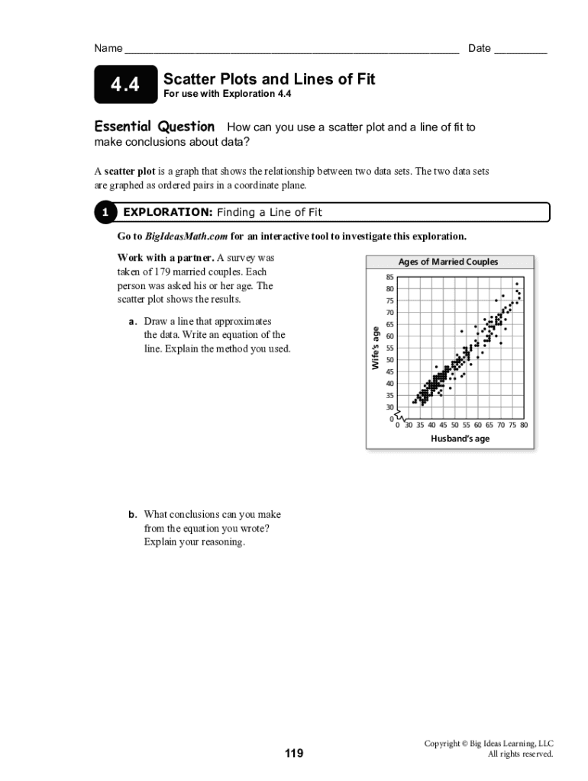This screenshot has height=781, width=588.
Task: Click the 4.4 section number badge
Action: (x=125, y=85)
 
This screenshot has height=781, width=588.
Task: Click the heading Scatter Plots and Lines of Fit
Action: (x=270, y=79)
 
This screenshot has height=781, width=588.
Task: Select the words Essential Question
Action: (x=154, y=127)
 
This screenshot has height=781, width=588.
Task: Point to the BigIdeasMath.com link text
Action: (x=186, y=236)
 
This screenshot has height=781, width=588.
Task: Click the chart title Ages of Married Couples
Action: (x=447, y=262)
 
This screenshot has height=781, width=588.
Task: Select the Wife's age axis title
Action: (x=375, y=348)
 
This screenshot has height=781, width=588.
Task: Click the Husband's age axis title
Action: (x=460, y=439)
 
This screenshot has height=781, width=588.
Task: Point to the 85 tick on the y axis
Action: (x=389, y=277)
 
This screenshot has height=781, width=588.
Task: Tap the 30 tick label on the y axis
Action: (x=389, y=407)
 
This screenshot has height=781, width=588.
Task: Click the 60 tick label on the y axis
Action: (x=389, y=336)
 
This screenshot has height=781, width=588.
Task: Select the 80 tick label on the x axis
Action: (x=523, y=426)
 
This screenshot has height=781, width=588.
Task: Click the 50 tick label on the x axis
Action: (x=454, y=426)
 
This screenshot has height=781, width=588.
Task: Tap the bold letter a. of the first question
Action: (x=134, y=321)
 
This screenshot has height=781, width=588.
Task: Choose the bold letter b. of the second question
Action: (x=134, y=515)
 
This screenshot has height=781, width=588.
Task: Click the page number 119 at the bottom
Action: (x=294, y=754)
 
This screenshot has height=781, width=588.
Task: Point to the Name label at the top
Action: (x=108, y=49)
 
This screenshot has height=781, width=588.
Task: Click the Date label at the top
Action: (x=479, y=49)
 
